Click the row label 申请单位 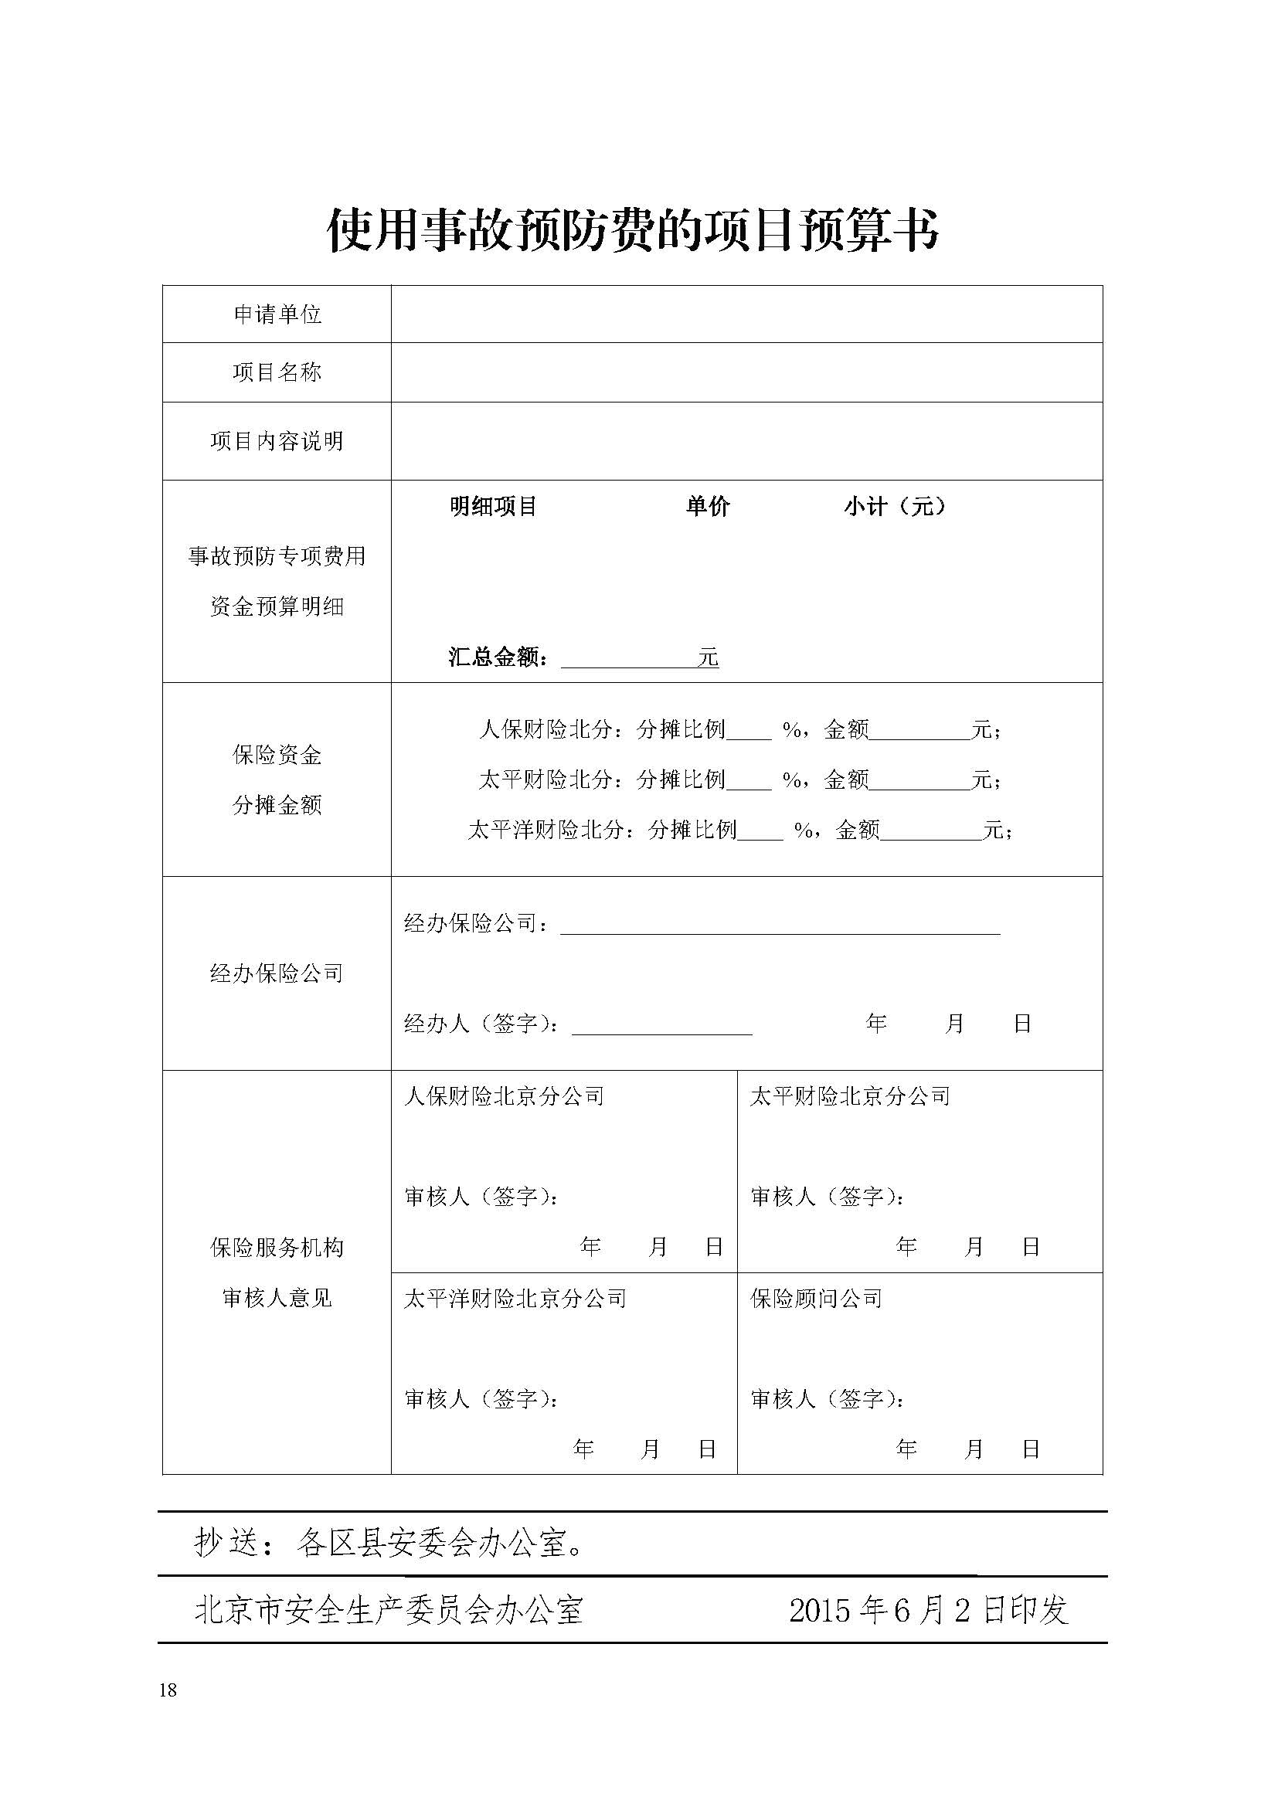click(277, 314)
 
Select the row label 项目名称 click(277, 372)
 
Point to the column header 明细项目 click(493, 507)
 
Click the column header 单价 click(708, 507)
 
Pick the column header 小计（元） click(894, 507)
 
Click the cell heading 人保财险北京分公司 click(504, 1096)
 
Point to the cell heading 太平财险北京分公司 click(850, 1096)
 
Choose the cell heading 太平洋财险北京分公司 click(515, 1299)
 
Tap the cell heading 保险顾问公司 click(816, 1299)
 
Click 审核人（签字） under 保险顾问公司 click(827, 1398)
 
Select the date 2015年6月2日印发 click(929, 1609)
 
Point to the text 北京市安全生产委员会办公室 click(389, 1609)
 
